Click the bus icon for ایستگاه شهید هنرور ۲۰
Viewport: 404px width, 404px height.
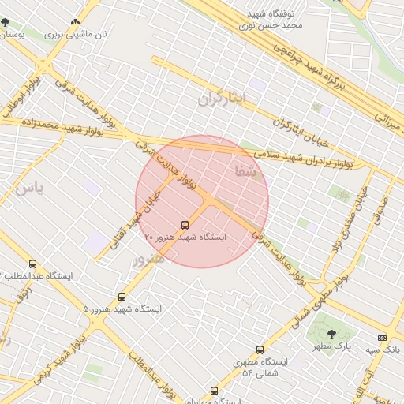(x=185, y=225)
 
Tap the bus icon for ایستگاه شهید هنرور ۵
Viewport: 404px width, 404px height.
(x=122, y=297)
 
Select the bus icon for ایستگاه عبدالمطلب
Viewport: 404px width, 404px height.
(x=32, y=264)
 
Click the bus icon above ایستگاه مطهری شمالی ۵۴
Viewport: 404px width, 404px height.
(x=260, y=350)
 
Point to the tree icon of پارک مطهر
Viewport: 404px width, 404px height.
(x=331, y=335)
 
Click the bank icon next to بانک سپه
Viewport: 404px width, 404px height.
(x=383, y=338)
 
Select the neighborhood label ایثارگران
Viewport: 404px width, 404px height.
(x=223, y=98)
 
